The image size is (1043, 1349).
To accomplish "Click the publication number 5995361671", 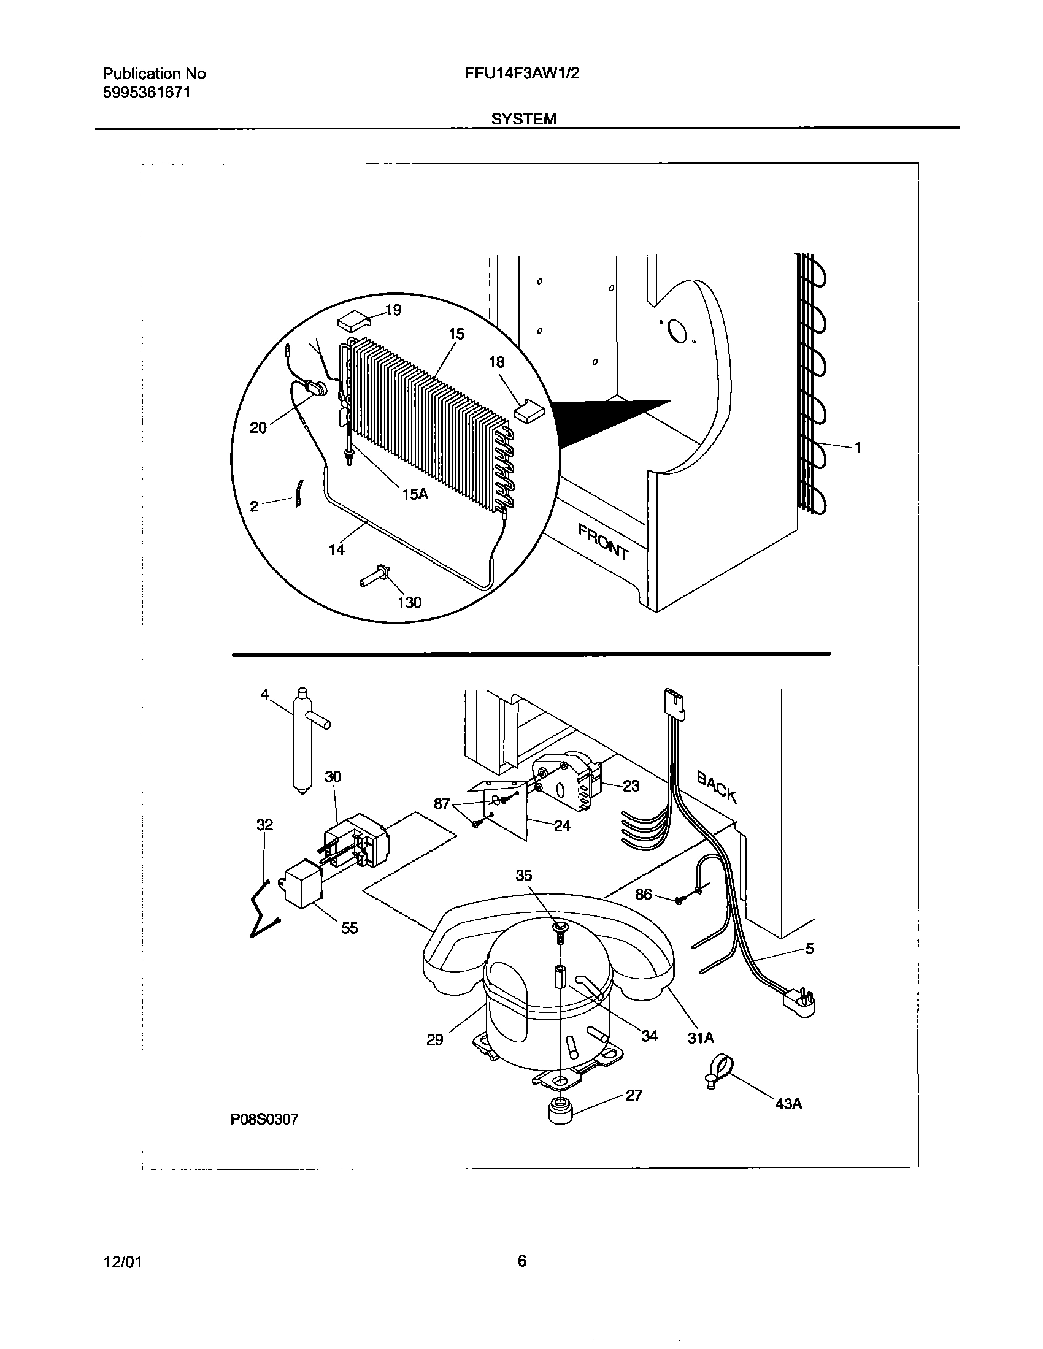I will click(147, 93).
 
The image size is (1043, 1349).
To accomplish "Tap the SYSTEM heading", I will click(523, 118).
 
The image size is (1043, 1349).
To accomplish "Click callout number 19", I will click(393, 310).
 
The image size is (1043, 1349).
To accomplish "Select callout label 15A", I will click(415, 494).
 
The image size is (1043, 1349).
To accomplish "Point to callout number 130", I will click(409, 602).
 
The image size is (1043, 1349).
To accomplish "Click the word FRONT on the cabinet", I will click(603, 541).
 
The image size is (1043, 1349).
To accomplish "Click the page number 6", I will click(521, 1261).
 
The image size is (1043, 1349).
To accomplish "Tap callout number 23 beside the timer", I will click(631, 785).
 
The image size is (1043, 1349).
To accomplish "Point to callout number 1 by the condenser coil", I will click(858, 448).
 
